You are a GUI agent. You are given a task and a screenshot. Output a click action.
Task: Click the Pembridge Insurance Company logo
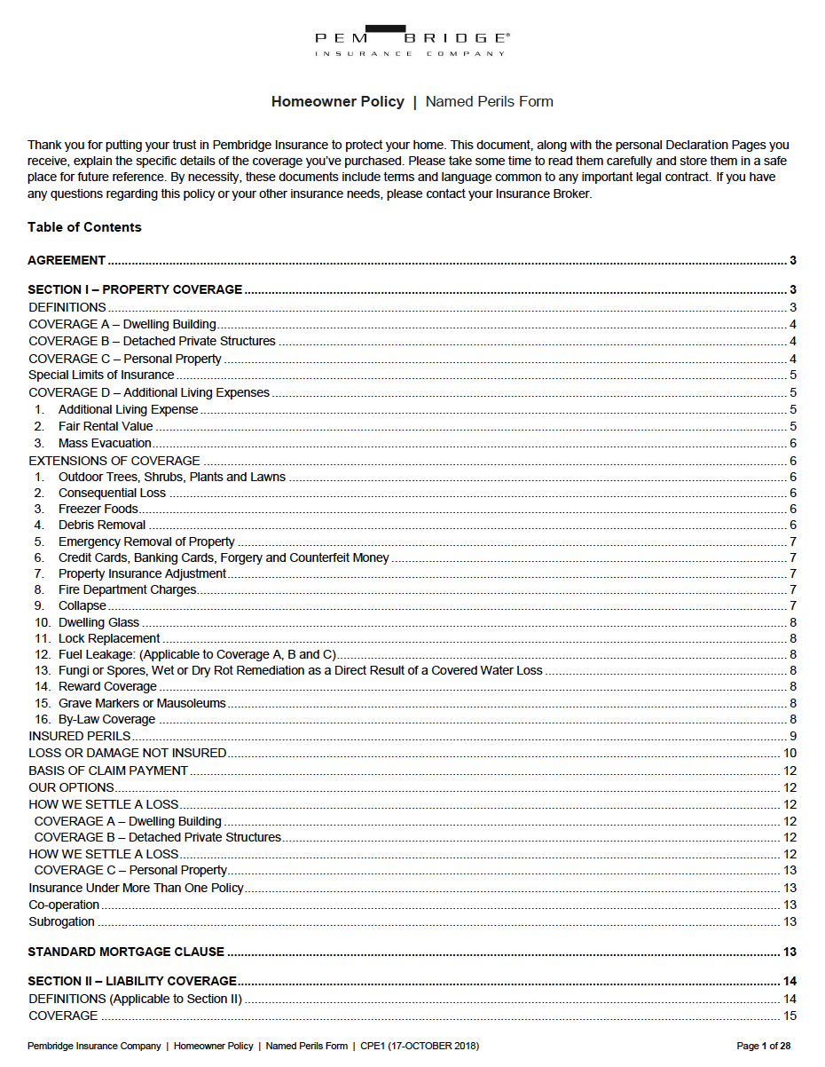tap(412, 41)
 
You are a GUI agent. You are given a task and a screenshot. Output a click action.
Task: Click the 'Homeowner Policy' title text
tap(337, 102)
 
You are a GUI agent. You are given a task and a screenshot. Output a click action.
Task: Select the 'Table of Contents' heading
tap(84, 227)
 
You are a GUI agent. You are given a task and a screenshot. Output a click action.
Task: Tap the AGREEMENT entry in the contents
tap(67, 260)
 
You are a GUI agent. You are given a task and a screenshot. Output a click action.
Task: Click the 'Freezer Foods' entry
tap(98, 509)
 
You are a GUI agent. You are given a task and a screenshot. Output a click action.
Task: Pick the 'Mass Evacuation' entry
tap(105, 443)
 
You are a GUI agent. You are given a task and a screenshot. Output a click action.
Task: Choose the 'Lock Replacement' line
tap(109, 638)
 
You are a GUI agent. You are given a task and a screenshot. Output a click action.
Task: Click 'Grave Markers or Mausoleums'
tap(142, 703)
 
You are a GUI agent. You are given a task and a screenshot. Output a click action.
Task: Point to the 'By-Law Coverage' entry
tap(106, 719)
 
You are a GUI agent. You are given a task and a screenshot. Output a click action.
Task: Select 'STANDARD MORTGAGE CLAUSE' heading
tap(126, 952)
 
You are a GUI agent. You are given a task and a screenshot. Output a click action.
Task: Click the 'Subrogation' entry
tap(61, 921)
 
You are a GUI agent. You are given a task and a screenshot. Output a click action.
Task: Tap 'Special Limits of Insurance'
tap(101, 375)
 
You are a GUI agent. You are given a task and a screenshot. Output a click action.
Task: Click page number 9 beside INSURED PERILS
tap(792, 736)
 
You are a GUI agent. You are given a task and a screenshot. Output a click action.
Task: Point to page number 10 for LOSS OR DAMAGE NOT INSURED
tap(790, 753)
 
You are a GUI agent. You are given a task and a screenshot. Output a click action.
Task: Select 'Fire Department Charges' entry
tap(127, 589)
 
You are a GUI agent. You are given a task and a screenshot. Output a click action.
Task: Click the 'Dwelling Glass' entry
tap(98, 622)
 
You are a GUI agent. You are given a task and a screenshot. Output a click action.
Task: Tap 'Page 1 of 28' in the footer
tap(763, 1046)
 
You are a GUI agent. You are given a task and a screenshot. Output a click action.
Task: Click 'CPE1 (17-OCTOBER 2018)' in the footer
tap(419, 1046)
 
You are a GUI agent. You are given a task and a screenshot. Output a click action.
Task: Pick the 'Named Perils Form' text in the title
tap(489, 102)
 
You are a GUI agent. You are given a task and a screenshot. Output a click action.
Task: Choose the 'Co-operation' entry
tap(64, 905)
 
